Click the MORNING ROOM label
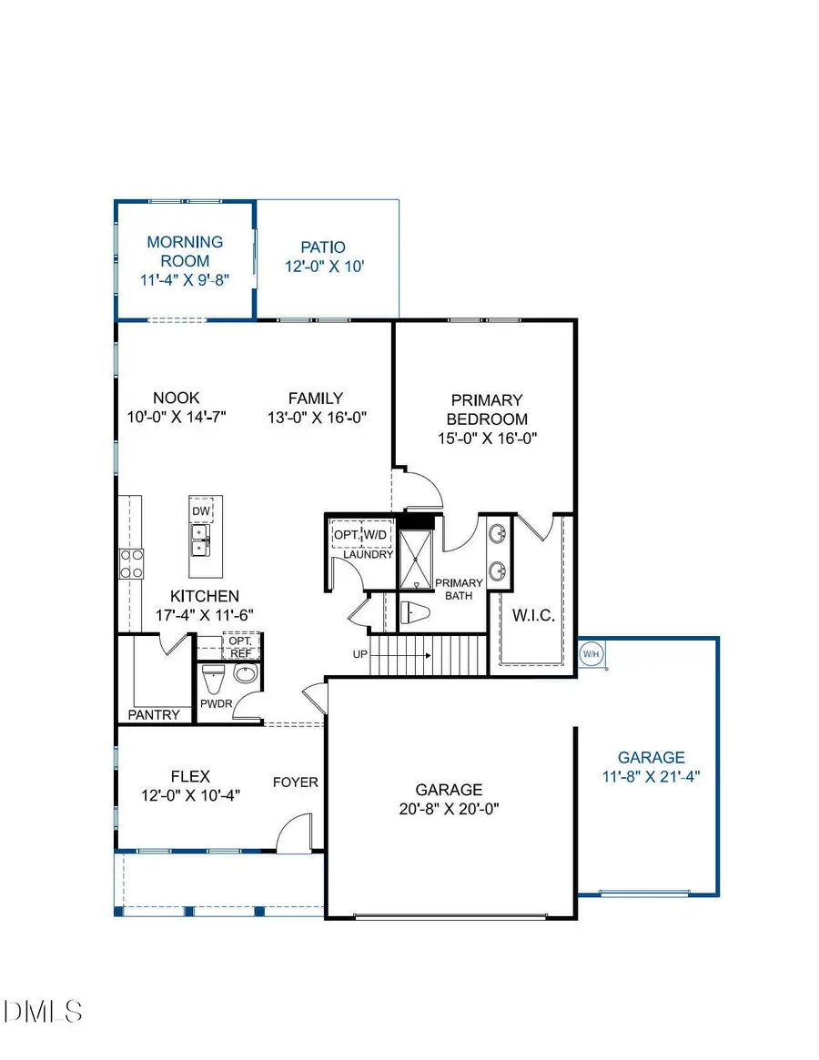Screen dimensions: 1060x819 (x=185, y=251)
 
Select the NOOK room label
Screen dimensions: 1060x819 (x=176, y=398)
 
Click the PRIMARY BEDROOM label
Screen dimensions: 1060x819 (x=487, y=409)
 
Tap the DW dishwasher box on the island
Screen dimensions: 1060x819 (x=201, y=511)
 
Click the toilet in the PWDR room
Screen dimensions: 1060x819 (x=213, y=679)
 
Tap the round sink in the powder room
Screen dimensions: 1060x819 (x=245, y=675)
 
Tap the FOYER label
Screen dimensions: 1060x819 (x=296, y=782)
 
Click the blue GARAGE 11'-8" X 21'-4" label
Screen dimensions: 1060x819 (x=651, y=767)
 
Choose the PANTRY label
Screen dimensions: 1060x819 (x=154, y=714)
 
